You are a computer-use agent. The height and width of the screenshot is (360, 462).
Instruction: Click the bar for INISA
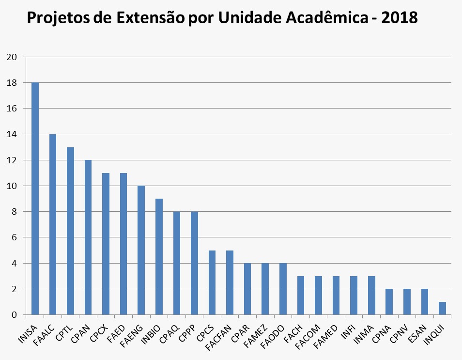pyautogui.click(x=35, y=199)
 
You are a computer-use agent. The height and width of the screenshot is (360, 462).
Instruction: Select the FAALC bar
pyautogui.click(x=52, y=224)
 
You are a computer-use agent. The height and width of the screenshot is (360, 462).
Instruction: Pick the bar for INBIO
pyautogui.click(x=158, y=257)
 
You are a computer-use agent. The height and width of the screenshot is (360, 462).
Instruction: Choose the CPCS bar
pyautogui.click(x=212, y=282)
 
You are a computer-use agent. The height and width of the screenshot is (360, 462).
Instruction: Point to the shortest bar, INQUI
pyautogui.click(x=442, y=309)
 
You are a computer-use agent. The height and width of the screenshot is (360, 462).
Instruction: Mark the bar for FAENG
pyautogui.click(x=141, y=250)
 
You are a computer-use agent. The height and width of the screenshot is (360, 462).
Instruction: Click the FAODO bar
pyautogui.click(x=282, y=289)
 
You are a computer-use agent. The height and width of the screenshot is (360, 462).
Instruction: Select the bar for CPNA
pyautogui.click(x=389, y=302)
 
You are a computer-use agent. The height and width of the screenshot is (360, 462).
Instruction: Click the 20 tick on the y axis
pyautogui.click(x=13, y=57)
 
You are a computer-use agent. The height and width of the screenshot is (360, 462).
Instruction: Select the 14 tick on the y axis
pyautogui.click(x=13, y=134)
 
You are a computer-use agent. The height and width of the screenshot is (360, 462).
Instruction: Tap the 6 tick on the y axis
pyautogui.click(x=15, y=237)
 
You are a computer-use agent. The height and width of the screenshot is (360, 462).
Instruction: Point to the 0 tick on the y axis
pyautogui.click(x=15, y=315)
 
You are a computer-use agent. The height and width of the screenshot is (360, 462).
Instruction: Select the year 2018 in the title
pyautogui.click(x=399, y=18)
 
